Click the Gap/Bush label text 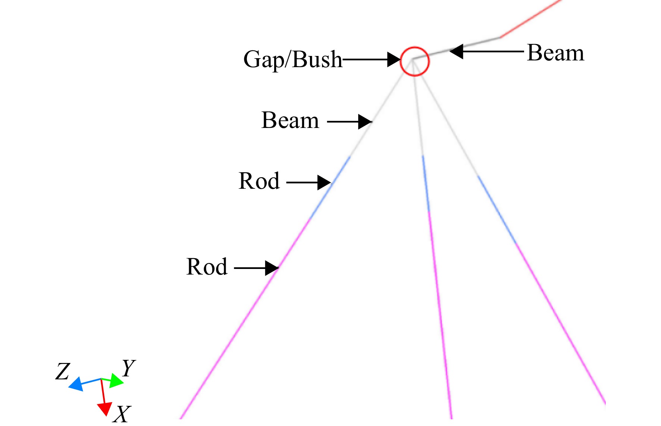(x=292, y=60)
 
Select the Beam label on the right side (x=555, y=53)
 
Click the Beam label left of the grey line (x=290, y=120)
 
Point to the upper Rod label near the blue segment (x=259, y=181)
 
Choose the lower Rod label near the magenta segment (x=207, y=267)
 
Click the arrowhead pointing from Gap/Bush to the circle (x=394, y=59)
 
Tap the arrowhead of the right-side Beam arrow (x=457, y=51)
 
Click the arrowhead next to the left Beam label (x=365, y=122)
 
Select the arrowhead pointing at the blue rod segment (x=324, y=182)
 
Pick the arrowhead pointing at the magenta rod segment (x=272, y=268)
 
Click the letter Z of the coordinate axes (x=63, y=372)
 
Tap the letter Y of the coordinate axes (x=129, y=368)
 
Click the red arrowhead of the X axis (x=105, y=409)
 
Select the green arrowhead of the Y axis (x=117, y=381)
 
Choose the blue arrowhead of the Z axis (x=76, y=384)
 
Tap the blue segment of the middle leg (x=426, y=184)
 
